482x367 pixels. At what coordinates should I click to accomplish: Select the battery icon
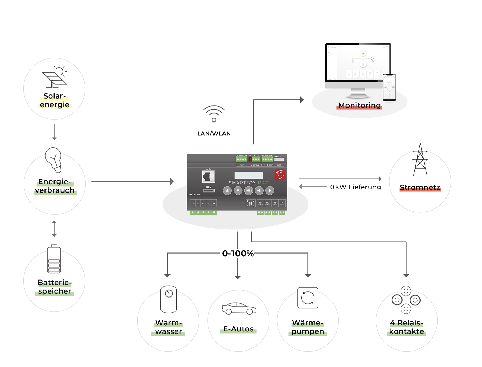54,259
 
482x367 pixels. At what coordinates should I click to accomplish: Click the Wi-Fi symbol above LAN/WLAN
214,113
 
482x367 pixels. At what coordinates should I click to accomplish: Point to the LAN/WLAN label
214,134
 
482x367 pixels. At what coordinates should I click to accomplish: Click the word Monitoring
359,106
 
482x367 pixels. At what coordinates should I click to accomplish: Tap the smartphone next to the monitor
389,88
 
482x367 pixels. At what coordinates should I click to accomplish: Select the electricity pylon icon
420,160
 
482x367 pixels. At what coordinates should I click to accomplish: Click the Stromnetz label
420,187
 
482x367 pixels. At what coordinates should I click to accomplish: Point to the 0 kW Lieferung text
355,187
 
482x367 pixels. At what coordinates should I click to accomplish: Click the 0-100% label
238,254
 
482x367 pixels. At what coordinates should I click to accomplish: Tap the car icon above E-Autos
239,309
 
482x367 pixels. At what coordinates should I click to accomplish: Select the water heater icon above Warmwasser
168,299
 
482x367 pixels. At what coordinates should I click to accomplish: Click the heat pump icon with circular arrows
308,298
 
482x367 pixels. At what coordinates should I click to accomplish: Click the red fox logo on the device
280,175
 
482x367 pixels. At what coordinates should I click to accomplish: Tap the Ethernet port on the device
208,177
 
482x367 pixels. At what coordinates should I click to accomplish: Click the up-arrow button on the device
227,191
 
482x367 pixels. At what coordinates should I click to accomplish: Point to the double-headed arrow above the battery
54,229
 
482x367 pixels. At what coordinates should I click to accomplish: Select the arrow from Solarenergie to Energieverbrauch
54,132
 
